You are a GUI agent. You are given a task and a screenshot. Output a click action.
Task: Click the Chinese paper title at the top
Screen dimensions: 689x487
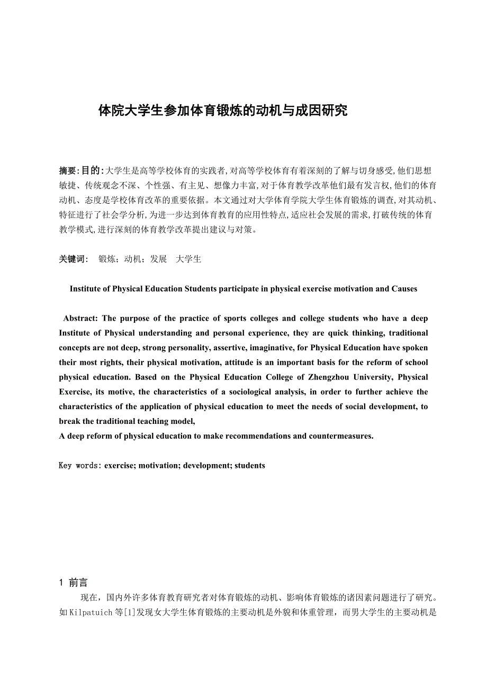(x=223, y=111)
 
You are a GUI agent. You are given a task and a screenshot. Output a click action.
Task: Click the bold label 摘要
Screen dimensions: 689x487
(x=67, y=170)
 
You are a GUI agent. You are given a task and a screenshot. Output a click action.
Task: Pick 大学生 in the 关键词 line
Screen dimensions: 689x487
(x=188, y=259)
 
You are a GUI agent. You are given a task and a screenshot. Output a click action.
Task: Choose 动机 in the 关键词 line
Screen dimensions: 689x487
(x=132, y=259)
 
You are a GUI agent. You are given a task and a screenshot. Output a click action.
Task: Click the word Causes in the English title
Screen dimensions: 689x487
(x=404, y=289)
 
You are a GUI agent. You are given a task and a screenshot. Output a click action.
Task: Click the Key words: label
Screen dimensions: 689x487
(x=80, y=466)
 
